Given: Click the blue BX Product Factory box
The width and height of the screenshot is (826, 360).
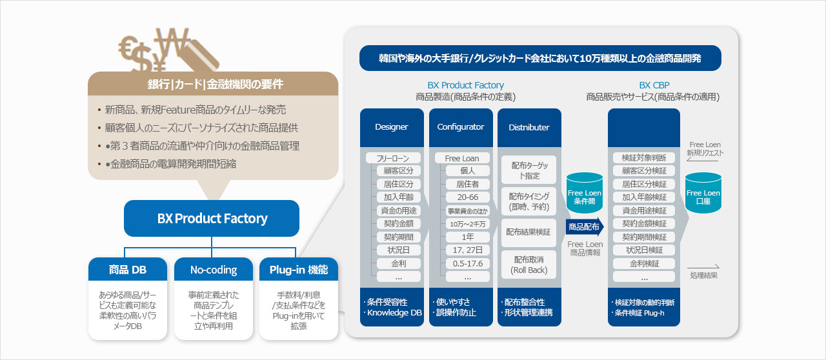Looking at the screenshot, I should [212, 218].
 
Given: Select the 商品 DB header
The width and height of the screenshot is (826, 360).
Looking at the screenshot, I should [128, 270].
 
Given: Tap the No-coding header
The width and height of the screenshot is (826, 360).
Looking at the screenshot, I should [214, 270].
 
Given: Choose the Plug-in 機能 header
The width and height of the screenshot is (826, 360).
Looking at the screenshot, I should [298, 270].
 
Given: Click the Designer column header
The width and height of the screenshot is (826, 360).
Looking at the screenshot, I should [391, 127].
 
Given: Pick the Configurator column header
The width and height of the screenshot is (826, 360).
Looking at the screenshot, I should [460, 127].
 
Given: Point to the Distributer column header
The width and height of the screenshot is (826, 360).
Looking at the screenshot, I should [529, 127].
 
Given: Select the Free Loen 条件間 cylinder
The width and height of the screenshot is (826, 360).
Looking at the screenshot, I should [585, 193].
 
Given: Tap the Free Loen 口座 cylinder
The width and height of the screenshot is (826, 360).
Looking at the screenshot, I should [703, 193].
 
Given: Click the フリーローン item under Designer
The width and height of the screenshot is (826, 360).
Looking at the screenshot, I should [393, 158].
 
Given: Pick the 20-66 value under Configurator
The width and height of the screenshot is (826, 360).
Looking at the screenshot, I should [467, 197].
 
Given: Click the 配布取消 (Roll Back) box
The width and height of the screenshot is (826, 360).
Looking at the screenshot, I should [529, 265].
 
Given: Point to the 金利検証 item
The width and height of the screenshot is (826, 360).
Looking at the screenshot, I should [644, 263].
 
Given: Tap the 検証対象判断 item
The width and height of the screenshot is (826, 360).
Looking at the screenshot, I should [644, 158].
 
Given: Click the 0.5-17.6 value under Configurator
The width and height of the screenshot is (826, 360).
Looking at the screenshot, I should [467, 263].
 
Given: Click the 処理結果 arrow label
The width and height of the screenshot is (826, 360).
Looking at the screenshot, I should [703, 275].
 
